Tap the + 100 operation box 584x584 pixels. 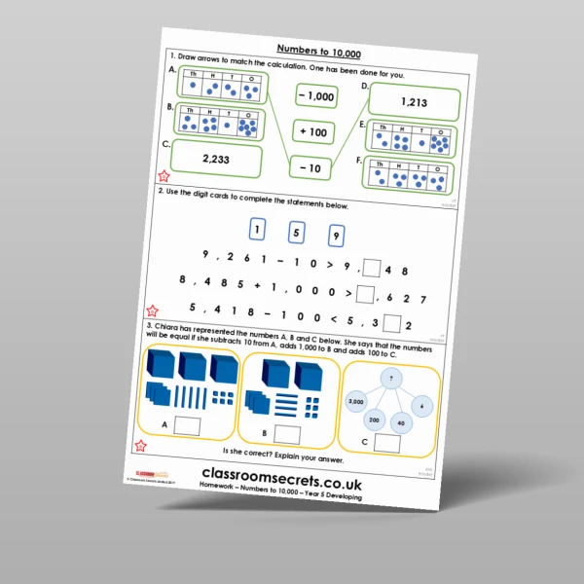pos(312,131)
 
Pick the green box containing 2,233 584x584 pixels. pos(216,159)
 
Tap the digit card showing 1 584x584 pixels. pos(256,230)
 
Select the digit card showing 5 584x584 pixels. pos(297,233)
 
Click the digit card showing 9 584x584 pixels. pos(336,236)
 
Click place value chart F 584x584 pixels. pos(410,176)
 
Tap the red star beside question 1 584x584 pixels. pos(163,177)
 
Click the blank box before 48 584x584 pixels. pos(372,265)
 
